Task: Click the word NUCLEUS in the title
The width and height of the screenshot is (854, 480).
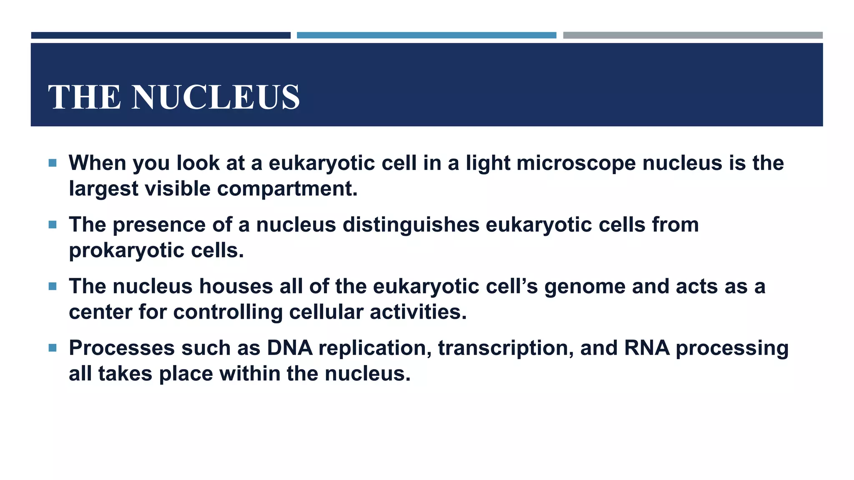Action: coord(216,97)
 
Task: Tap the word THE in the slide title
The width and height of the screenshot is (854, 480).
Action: coord(85,97)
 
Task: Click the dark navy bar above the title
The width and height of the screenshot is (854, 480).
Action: coord(161,35)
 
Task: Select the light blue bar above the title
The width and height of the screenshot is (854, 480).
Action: coord(426,35)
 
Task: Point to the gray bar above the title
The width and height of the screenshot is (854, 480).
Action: coord(693,35)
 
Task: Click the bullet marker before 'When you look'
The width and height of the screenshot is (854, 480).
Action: coord(53,163)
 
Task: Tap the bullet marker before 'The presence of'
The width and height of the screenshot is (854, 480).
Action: coord(53,225)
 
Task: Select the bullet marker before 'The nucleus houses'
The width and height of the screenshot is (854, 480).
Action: coord(53,286)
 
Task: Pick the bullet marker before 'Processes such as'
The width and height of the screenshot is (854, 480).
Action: coord(53,348)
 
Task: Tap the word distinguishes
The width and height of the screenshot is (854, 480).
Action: coord(411,225)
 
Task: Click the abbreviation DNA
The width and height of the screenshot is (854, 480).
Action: coord(290,348)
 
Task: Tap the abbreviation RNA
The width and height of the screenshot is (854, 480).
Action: coord(647,348)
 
